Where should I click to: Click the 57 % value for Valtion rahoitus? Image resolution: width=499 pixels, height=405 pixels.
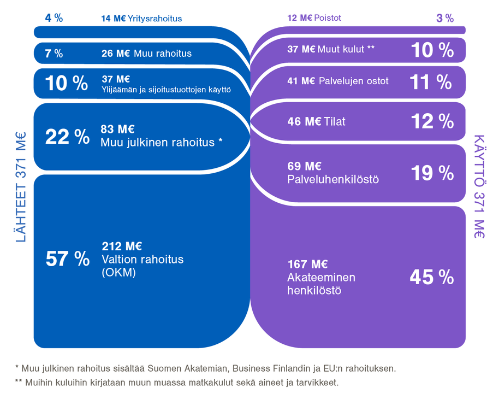[67, 259]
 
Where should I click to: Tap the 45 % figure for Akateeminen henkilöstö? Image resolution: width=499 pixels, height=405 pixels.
[431, 277]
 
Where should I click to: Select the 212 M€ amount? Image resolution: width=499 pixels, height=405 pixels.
[122, 246]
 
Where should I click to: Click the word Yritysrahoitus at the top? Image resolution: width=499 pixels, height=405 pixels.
[156, 19]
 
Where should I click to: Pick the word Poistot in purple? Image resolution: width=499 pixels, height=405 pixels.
[328, 18]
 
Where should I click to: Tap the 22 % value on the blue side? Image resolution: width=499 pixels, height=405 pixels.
[67, 137]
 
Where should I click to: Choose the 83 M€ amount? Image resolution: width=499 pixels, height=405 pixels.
[117, 130]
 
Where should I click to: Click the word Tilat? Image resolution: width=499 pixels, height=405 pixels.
[337, 121]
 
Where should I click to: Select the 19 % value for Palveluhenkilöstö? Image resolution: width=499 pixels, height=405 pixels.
[432, 173]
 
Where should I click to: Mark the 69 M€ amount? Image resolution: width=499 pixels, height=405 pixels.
[304, 166]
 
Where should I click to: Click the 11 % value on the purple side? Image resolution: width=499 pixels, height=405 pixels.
[431, 82]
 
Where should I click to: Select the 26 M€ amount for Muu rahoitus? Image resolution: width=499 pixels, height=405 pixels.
[114, 54]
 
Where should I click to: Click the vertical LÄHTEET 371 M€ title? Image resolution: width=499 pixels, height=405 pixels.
[20, 186]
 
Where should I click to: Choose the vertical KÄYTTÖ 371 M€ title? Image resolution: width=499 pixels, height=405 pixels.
[479, 186]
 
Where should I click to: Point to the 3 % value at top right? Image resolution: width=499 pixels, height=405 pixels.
[445, 18]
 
